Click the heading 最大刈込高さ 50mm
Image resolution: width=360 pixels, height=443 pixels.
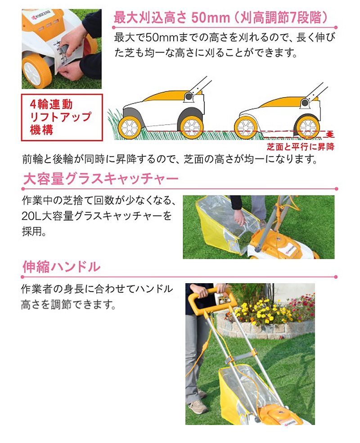[x=171, y=18]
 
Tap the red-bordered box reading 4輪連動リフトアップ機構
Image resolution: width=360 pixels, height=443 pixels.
[x=62, y=118]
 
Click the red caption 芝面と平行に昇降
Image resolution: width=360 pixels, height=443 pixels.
[x=301, y=147]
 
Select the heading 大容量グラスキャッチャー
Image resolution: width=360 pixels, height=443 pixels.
[x=100, y=179]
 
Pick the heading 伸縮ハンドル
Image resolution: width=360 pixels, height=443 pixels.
[x=61, y=267]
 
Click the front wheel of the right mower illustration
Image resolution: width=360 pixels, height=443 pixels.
[x=246, y=127]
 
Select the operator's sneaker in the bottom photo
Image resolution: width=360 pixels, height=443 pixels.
[x=198, y=406]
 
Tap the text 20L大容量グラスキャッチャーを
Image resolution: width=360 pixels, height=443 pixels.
[x=97, y=216]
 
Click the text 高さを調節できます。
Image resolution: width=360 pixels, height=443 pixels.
[x=68, y=304]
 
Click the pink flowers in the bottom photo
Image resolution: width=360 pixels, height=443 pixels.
[x=301, y=306]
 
